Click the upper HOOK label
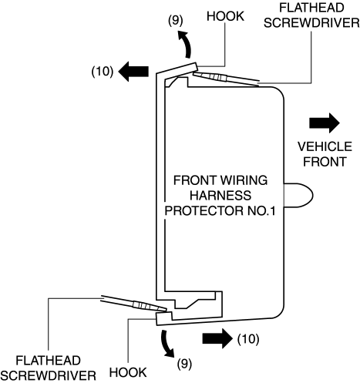pos(225,16)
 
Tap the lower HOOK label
pos(128,372)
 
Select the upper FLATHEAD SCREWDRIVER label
pos(311,15)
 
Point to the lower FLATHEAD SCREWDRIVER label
pos(49,368)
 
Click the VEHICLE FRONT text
pos(325,154)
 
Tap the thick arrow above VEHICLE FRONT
pos(325,123)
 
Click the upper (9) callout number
pos(176,20)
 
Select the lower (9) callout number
pos(184,364)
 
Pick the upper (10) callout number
pos(103,71)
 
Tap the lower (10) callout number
pos(248,339)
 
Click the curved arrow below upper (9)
pos(187,44)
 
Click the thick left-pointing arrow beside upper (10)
pos(133,72)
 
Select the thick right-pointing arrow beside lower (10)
pos(217,338)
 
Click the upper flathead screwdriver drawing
pos(226,77)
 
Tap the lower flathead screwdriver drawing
pos(133,304)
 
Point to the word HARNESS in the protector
pos(220,195)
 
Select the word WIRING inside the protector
pos(244,180)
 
